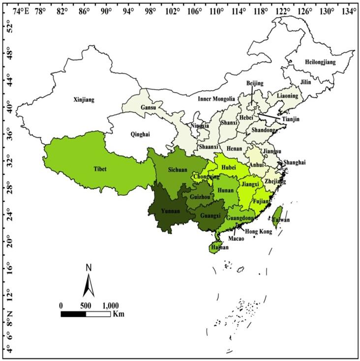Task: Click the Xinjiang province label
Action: tap(84, 100)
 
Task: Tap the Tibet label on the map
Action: tap(100, 169)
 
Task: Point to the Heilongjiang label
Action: tap(320, 62)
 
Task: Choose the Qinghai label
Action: tap(140, 134)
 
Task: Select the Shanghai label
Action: tap(295, 162)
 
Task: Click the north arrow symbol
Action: tap(89, 285)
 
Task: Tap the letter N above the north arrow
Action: tap(89, 268)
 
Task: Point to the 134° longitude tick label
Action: tap(349, 11)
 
